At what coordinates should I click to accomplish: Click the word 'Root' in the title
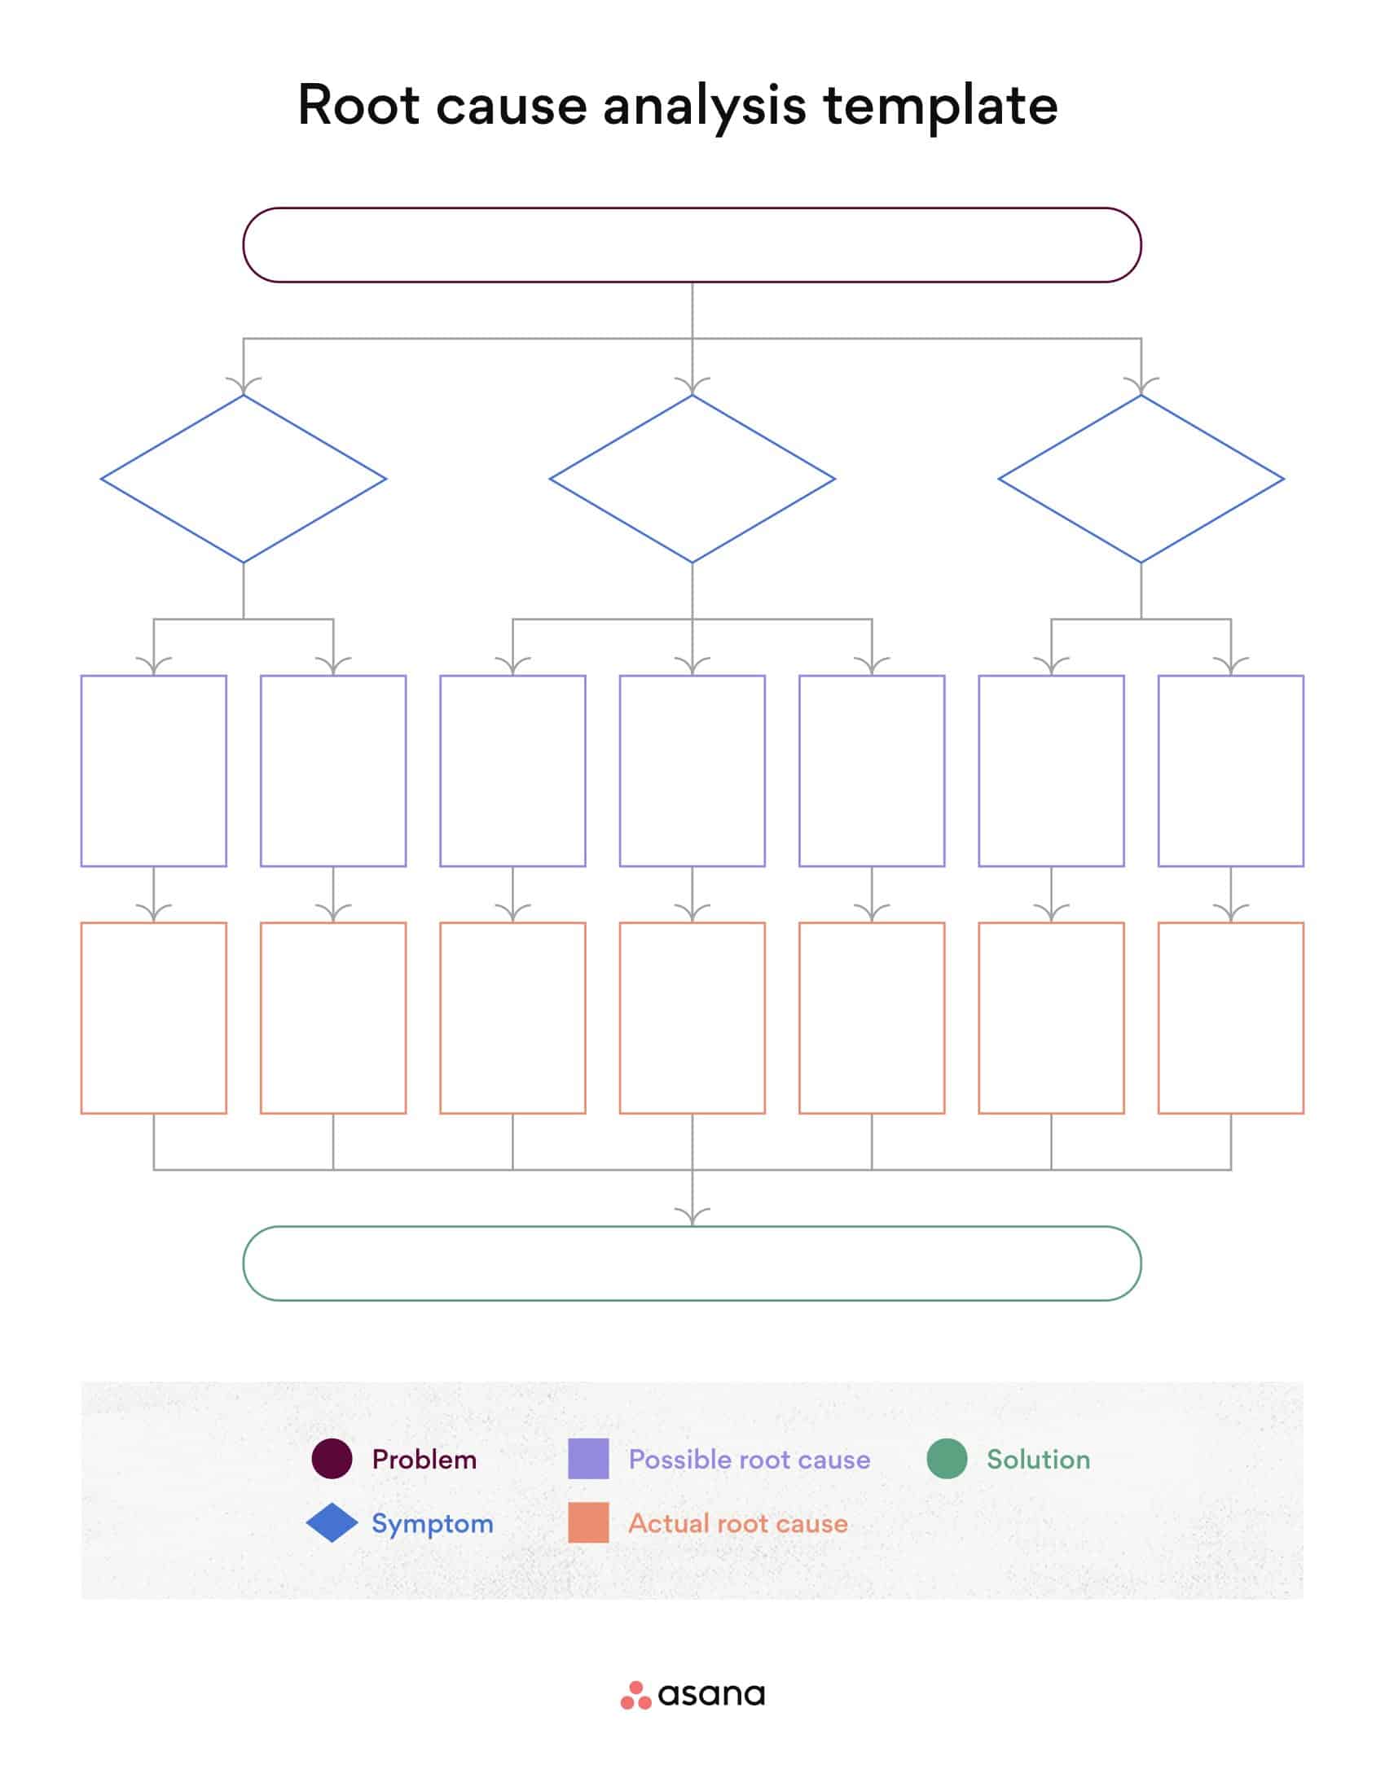coord(358,105)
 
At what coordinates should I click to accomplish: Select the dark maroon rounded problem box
coord(692,245)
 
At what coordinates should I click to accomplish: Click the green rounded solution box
coord(692,1263)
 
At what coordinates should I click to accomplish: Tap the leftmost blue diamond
coord(243,479)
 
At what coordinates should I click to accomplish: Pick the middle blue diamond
coord(692,479)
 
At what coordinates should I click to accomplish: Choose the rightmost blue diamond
coord(1141,479)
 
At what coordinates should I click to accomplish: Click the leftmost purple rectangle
coord(153,771)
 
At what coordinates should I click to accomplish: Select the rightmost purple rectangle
coord(1230,771)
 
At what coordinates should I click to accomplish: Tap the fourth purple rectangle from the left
coord(692,771)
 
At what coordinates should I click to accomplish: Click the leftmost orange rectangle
coord(153,1018)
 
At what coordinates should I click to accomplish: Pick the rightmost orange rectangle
coord(1230,1018)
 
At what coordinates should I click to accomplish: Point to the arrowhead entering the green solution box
coord(692,1216)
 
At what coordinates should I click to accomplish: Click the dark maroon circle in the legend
coord(332,1459)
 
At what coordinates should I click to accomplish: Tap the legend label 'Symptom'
coord(433,1523)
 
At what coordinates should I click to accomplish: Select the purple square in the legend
coord(588,1459)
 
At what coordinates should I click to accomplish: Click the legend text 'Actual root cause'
coord(737,1523)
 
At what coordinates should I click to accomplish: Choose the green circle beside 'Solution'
coord(947,1459)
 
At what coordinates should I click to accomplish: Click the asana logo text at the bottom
coord(710,1694)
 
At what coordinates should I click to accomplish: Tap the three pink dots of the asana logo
coord(635,1695)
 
